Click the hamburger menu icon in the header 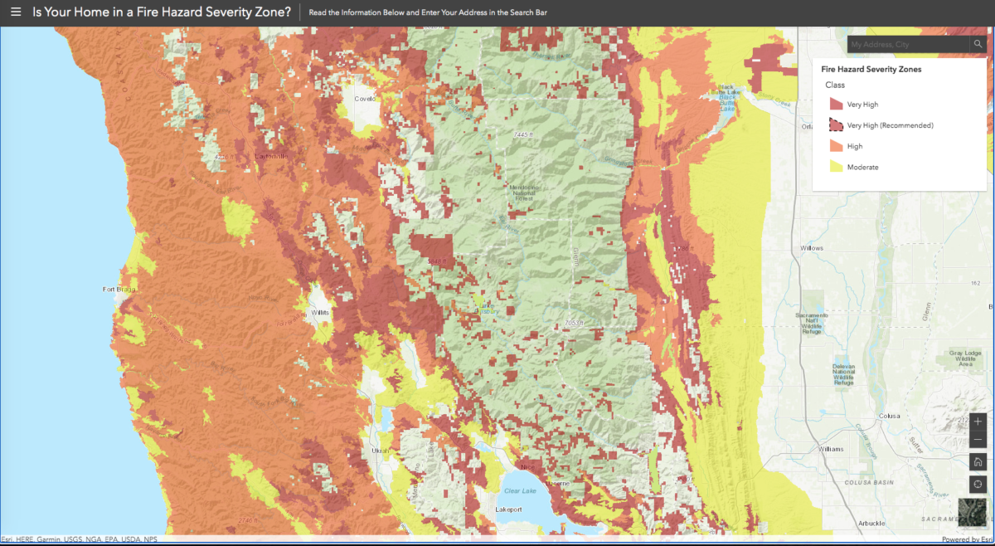15,12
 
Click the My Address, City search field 907,44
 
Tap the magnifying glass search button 978,44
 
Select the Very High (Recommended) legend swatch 836,125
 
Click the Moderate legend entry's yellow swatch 836,167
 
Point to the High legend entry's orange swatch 836,146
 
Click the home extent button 978,462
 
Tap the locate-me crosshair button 978,484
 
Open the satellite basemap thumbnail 973,512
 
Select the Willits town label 319,312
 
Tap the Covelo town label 366,98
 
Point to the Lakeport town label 511,509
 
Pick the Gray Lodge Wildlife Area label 964,358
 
